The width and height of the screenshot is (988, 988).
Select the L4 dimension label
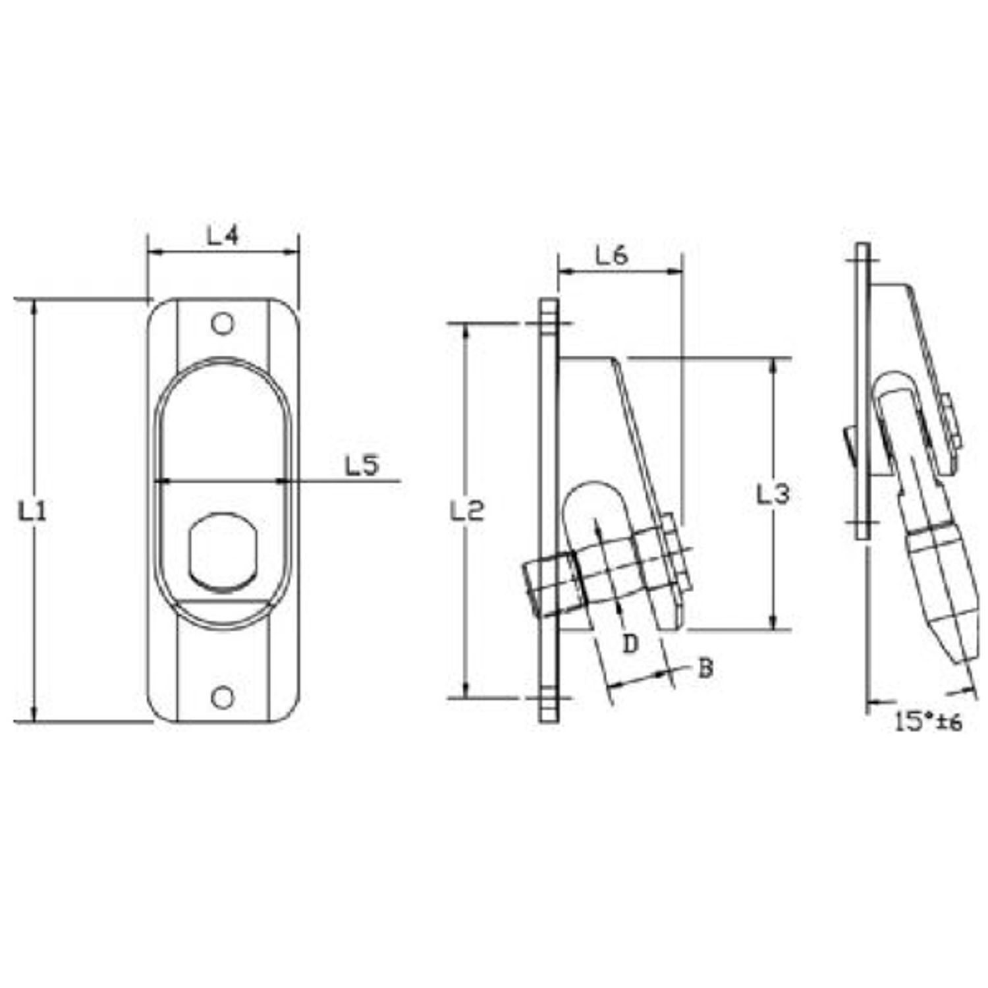(223, 236)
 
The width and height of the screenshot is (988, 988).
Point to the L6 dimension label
(613, 256)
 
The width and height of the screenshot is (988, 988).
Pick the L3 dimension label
(773, 494)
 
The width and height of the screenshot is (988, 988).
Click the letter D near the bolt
(631, 644)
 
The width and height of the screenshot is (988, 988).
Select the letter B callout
(705, 669)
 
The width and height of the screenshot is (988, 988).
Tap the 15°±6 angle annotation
(929, 722)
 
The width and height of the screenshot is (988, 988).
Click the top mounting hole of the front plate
(223, 323)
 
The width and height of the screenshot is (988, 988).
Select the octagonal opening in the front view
(223, 551)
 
